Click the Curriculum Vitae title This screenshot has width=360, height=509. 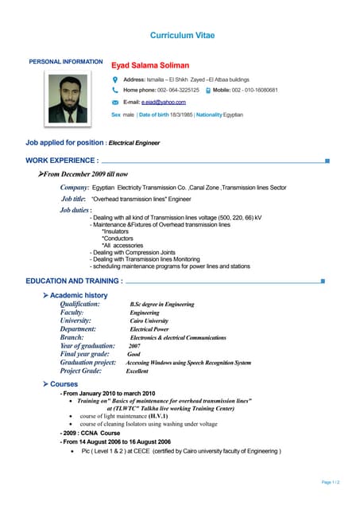[182, 36]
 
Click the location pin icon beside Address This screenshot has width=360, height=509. [115, 80]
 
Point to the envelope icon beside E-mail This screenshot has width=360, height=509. [115, 103]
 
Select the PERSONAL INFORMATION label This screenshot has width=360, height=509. [65, 62]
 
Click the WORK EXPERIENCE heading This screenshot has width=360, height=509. [62, 161]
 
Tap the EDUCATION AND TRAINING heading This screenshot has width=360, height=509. [74, 281]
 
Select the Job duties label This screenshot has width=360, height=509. [75, 210]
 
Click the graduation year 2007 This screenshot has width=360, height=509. [134, 347]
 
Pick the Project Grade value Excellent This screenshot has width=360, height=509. [137, 371]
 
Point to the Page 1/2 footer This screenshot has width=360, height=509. [330, 483]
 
